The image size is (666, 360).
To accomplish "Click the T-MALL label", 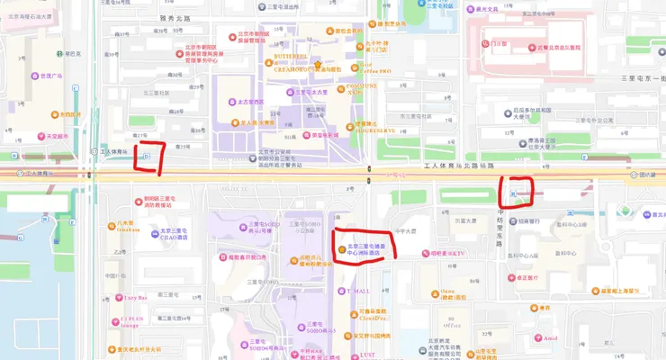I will [356, 291].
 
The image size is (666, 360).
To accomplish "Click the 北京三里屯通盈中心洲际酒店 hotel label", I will [364, 249].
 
